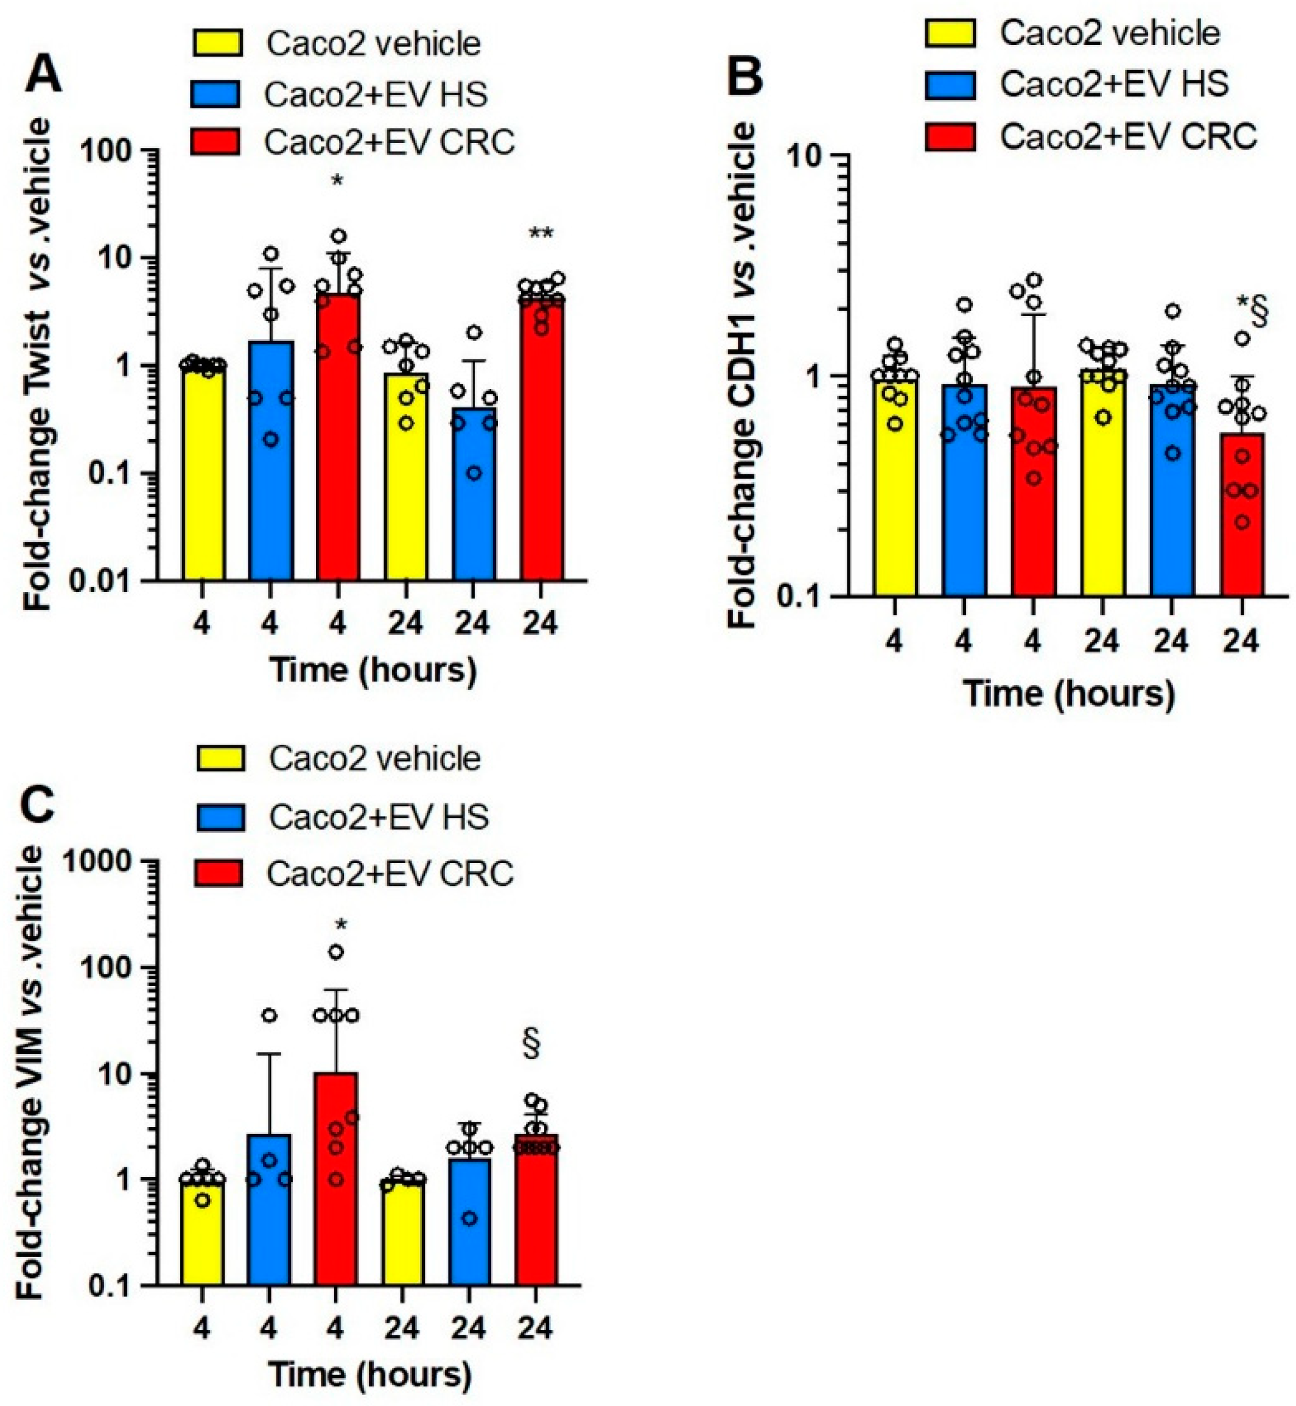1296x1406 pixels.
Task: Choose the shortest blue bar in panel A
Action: [x=474, y=494]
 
